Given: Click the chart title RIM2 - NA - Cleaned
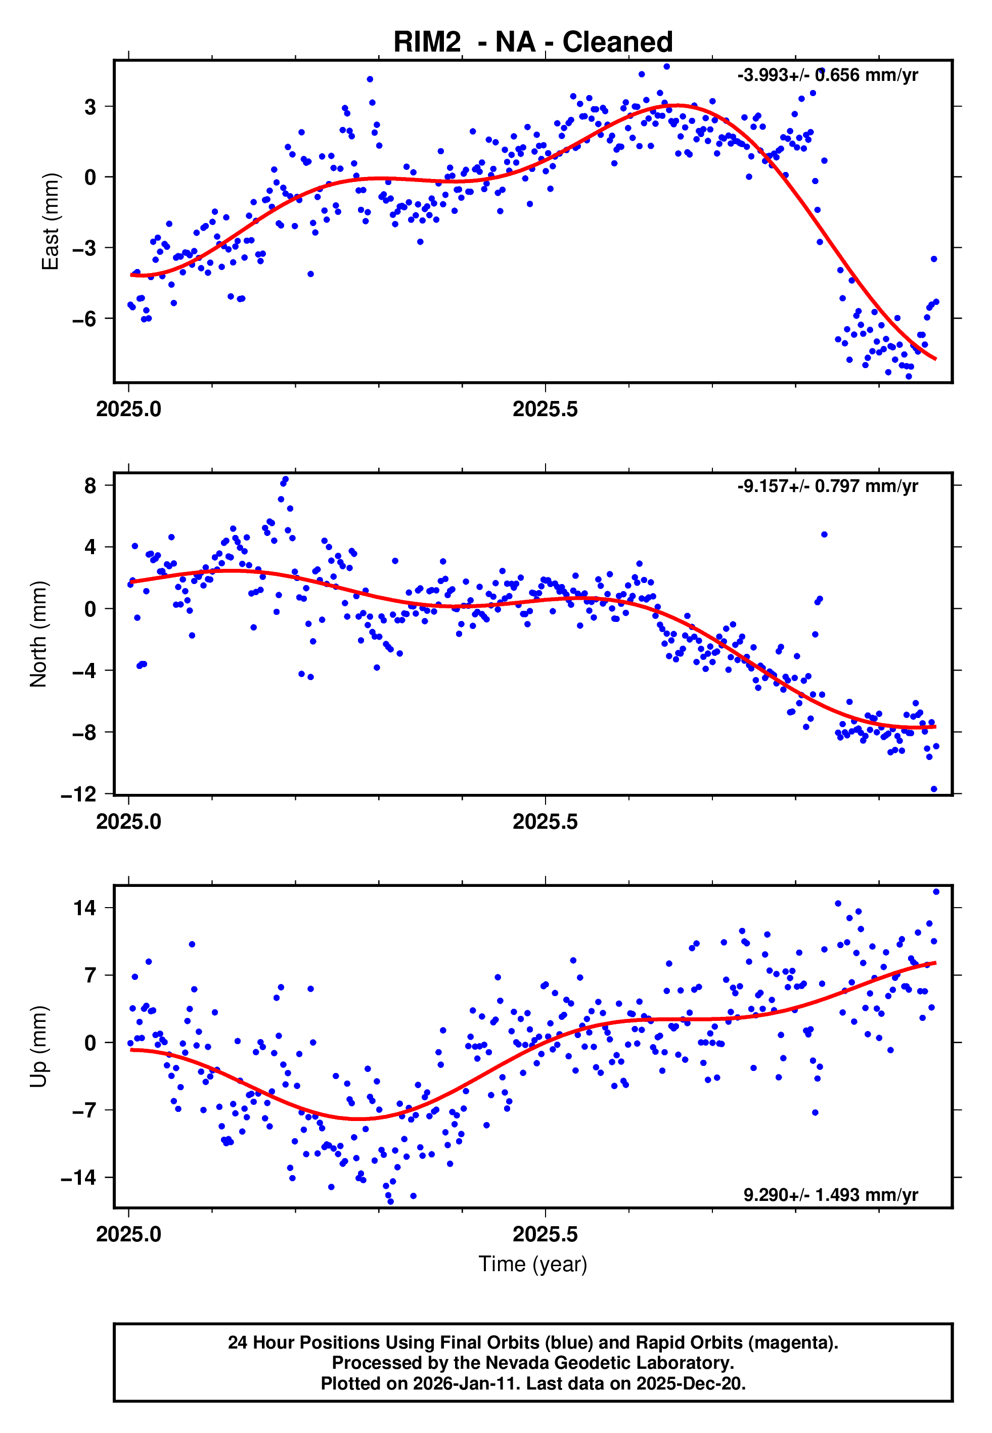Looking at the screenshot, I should pos(533,42).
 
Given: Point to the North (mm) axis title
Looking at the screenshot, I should pos(38,634).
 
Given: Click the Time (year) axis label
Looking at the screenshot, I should pos(533,1264).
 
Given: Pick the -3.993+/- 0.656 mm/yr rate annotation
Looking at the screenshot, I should pos(827,75).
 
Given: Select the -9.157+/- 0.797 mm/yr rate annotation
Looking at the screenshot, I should pos(827,486).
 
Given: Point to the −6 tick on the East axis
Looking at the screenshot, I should pos(84,319).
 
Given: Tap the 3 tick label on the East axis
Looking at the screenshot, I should pos(91,107).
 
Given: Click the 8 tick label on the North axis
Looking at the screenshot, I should pos(91,485).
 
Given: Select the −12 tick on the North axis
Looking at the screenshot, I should pos(79,794).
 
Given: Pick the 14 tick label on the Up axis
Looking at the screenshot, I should pos(85,908).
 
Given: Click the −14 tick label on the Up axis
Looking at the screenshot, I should pos(79,1177).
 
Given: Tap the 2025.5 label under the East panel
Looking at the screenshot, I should pos(545,410).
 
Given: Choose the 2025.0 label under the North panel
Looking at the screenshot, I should pos(128,822).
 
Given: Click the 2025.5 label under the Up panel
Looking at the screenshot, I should pos(545,1234).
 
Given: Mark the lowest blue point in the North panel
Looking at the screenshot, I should pos(933,789).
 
